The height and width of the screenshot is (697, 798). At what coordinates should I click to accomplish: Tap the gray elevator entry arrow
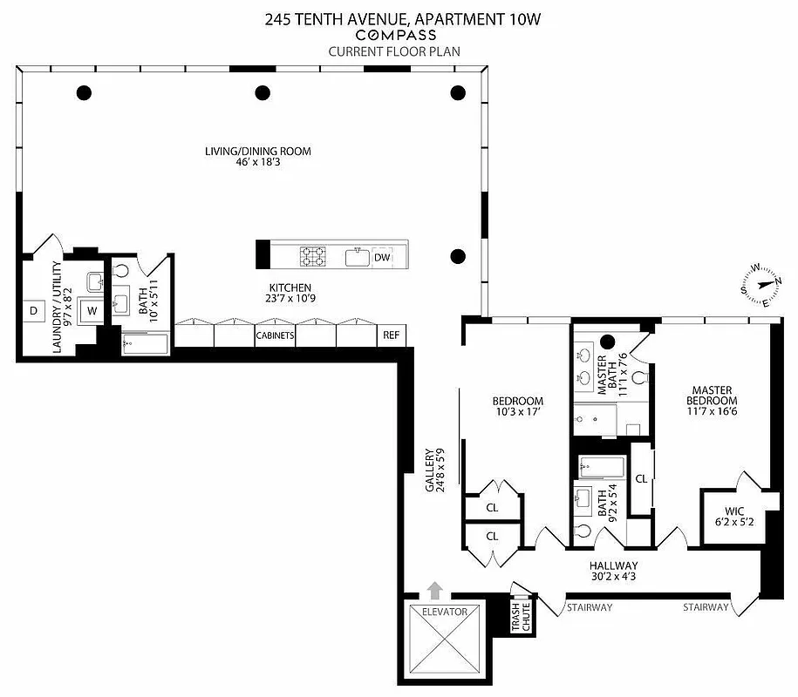pyautogui.click(x=434, y=590)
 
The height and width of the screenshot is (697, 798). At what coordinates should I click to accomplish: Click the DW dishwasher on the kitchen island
pyautogui.click(x=382, y=257)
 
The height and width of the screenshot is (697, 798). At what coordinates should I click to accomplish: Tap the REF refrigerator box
pyautogui.click(x=391, y=335)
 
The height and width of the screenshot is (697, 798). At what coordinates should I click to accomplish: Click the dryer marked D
pyautogui.click(x=33, y=310)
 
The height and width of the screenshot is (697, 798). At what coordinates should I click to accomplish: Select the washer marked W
pyautogui.click(x=90, y=310)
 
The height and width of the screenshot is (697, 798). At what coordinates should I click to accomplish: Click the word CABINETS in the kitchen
pyautogui.click(x=275, y=335)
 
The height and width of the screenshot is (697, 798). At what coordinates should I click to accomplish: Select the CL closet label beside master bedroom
pyautogui.click(x=641, y=478)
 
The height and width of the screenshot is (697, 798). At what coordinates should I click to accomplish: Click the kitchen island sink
pyautogui.click(x=357, y=257)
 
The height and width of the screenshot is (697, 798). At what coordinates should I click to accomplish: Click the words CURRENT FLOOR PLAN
pyautogui.click(x=394, y=51)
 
